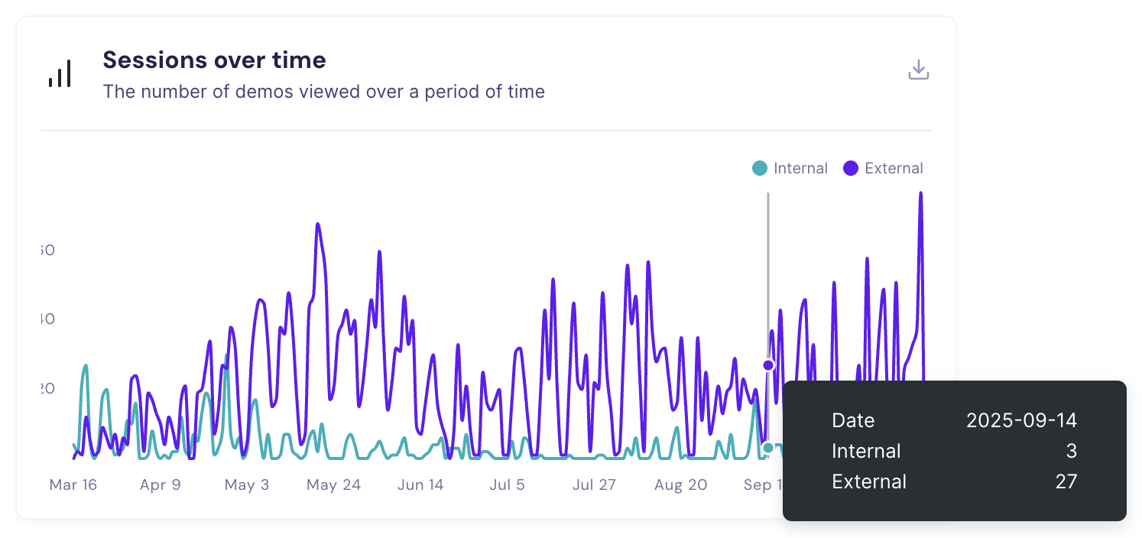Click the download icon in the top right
coord(918,70)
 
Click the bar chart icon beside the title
coord(60,74)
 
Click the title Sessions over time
coord(214,60)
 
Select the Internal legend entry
coord(790,168)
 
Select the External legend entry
coord(884,168)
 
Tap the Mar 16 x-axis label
coord(73,485)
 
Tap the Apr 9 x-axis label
coord(160,485)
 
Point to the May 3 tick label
coord(247,485)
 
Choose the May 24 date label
coord(333,485)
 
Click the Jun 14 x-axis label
coord(420,485)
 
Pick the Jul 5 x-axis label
coord(507,485)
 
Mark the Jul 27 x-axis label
coord(594,485)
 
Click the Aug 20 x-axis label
coord(681,485)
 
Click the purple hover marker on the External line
coord(768,365)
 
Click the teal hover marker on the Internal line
coord(768,448)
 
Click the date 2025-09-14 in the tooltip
coord(1021,420)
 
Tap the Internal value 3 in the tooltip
coord(1071,451)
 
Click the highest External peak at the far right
coord(920,193)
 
